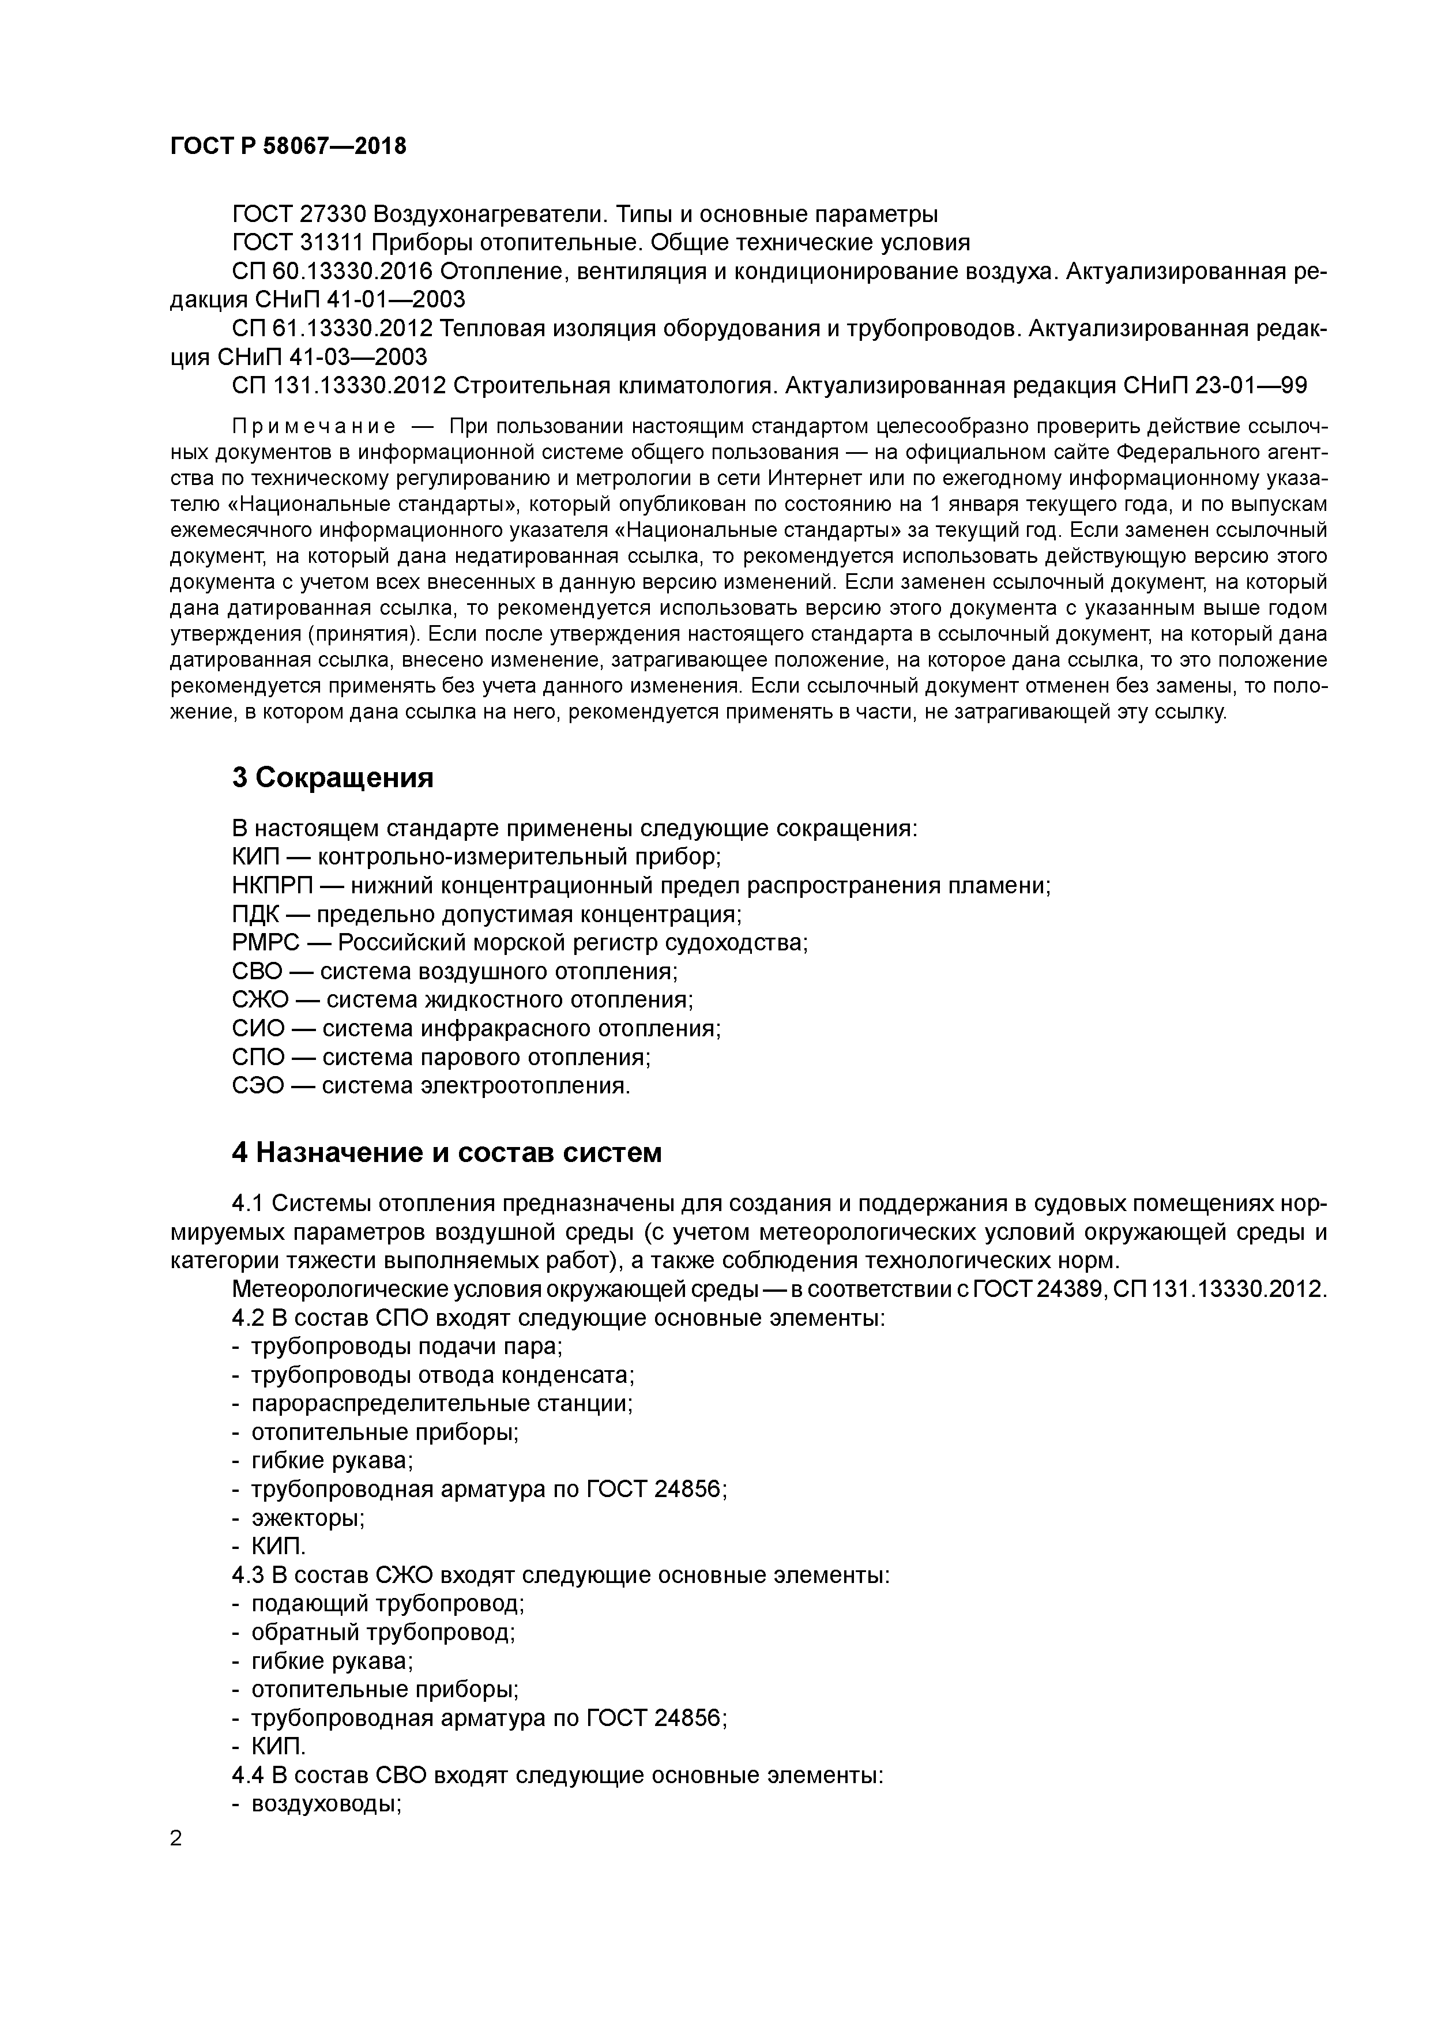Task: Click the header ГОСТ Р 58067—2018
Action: (x=288, y=146)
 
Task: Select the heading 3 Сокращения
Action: (x=333, y=778)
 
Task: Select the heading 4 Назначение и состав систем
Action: (x=447, y=1152)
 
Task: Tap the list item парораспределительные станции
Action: (x=442, y=1404)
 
